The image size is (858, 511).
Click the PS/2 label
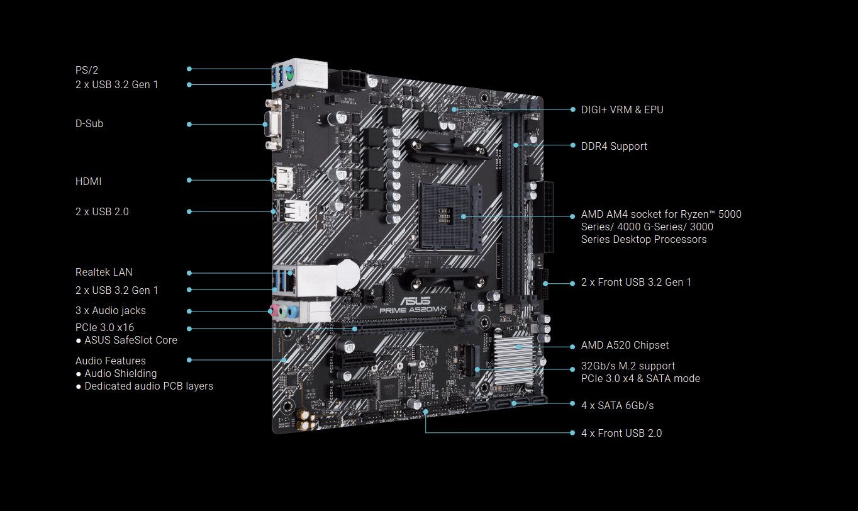pyautogui.click(x=87, y=70)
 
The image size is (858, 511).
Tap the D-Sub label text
pyautogui.click(x=89, y=123)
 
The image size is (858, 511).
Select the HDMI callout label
pyautogui.click(x=89, y=181)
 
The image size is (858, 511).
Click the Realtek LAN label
pyautogui.click(x=104, y=272)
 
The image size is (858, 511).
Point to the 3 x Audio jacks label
pyautogui.click(x=111, y=310)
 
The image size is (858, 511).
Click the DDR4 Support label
pyautogui.click(x=614, y=146)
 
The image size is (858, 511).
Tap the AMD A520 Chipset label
pyautogui.click(x=625, y=345)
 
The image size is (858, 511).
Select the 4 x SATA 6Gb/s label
pyautogui.click(x=618, y=405)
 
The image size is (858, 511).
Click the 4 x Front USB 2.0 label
pyautogui.click(x=621, y=433)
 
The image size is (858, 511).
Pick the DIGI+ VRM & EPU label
pyautogui.click(x=622, y=109)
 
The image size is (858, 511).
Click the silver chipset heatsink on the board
pyautogui.click(x=514, y=359)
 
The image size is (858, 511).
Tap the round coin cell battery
pyautogui.click(x=348, y=274)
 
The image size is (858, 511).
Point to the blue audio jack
pyautogui.click(x=292, y=312)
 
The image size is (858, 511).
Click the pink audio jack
pyautogui.click(x=274, y=310)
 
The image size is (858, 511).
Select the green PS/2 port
pyautogui.click(x=289, y=71)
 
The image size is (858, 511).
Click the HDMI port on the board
pyautogui.click(x=283, y=179)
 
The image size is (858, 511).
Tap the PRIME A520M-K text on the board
pyautogui.click(x=413, y=310)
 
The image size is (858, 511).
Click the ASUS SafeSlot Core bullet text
pyautogui.click(x=131, y=340)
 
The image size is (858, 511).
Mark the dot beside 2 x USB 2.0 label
pyautogui.click(x=189, y=211)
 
